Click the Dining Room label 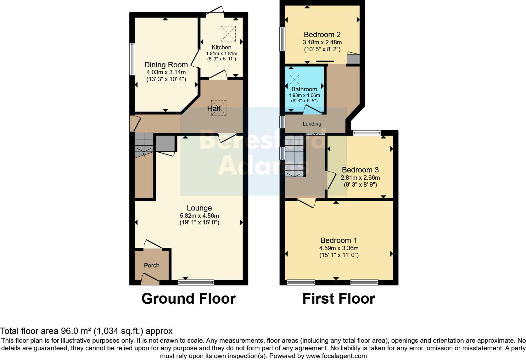coord(166,65)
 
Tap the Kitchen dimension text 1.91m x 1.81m coord(221,53)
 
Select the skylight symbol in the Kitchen coord(228,34)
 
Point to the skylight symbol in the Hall coord(219,108)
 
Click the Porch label coord(152,265)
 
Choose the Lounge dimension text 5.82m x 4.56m coord(199,216)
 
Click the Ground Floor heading coord(188,298)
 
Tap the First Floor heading coord(339,298)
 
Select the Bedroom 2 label coord(322,35)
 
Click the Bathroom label coord(304,89)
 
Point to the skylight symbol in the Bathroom coord(294,79)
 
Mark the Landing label coord(312,124)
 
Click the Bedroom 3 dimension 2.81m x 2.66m coord(360,177)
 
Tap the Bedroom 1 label coord(339,240)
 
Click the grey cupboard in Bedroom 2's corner coord(353,59)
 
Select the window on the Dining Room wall coord(132,59)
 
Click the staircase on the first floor coord(295,156)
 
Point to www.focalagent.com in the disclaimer coord(336,356)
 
